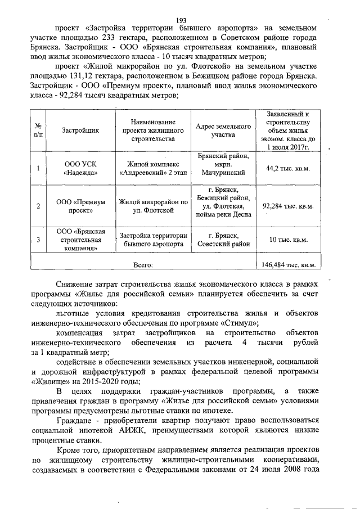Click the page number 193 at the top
(181, 20)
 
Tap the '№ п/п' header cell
(38, 130)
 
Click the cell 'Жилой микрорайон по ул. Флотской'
(152, 206)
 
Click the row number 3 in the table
(38, 240)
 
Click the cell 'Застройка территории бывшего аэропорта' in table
(152, 240)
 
